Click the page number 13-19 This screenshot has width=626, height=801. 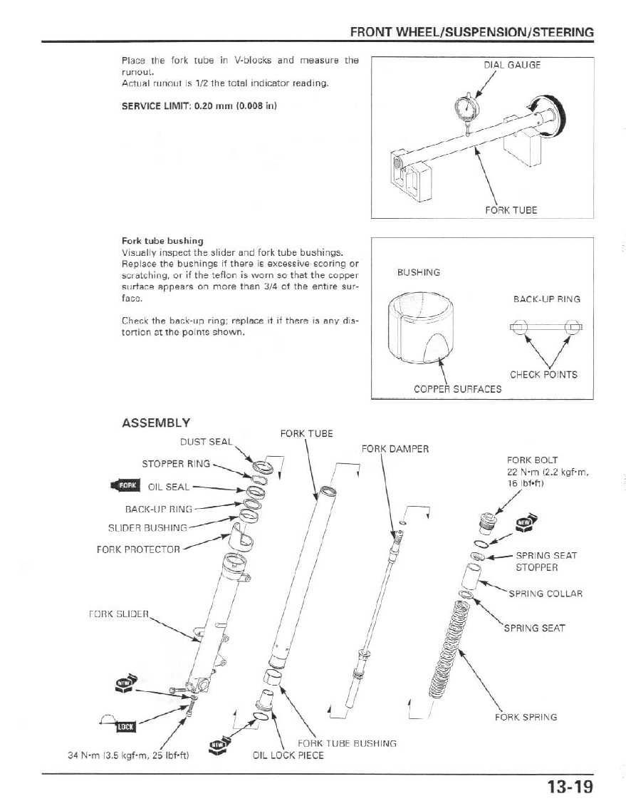[570, 787]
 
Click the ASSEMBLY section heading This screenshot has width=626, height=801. [156, 423]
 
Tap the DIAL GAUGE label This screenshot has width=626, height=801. [512, 65]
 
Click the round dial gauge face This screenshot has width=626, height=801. [466, 109]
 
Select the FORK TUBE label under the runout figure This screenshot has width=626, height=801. [511, 210]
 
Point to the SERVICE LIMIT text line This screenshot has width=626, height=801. [199, 107]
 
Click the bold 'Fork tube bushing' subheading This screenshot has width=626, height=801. [162, 241]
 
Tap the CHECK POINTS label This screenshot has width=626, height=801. [543, 375]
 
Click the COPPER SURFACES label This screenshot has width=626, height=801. [457, 389]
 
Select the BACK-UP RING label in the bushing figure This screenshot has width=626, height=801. [546, 299]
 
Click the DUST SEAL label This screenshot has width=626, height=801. [206, 442]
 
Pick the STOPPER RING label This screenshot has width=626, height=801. [176, 464]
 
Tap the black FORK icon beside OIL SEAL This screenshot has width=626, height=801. [126, 486]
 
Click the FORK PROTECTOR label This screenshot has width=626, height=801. [138, 549]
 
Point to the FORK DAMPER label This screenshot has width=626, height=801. [395, 449]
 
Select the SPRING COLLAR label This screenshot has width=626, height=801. [546, 594]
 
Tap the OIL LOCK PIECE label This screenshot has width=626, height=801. [288, 755]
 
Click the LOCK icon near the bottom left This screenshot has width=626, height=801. [125, 725]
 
